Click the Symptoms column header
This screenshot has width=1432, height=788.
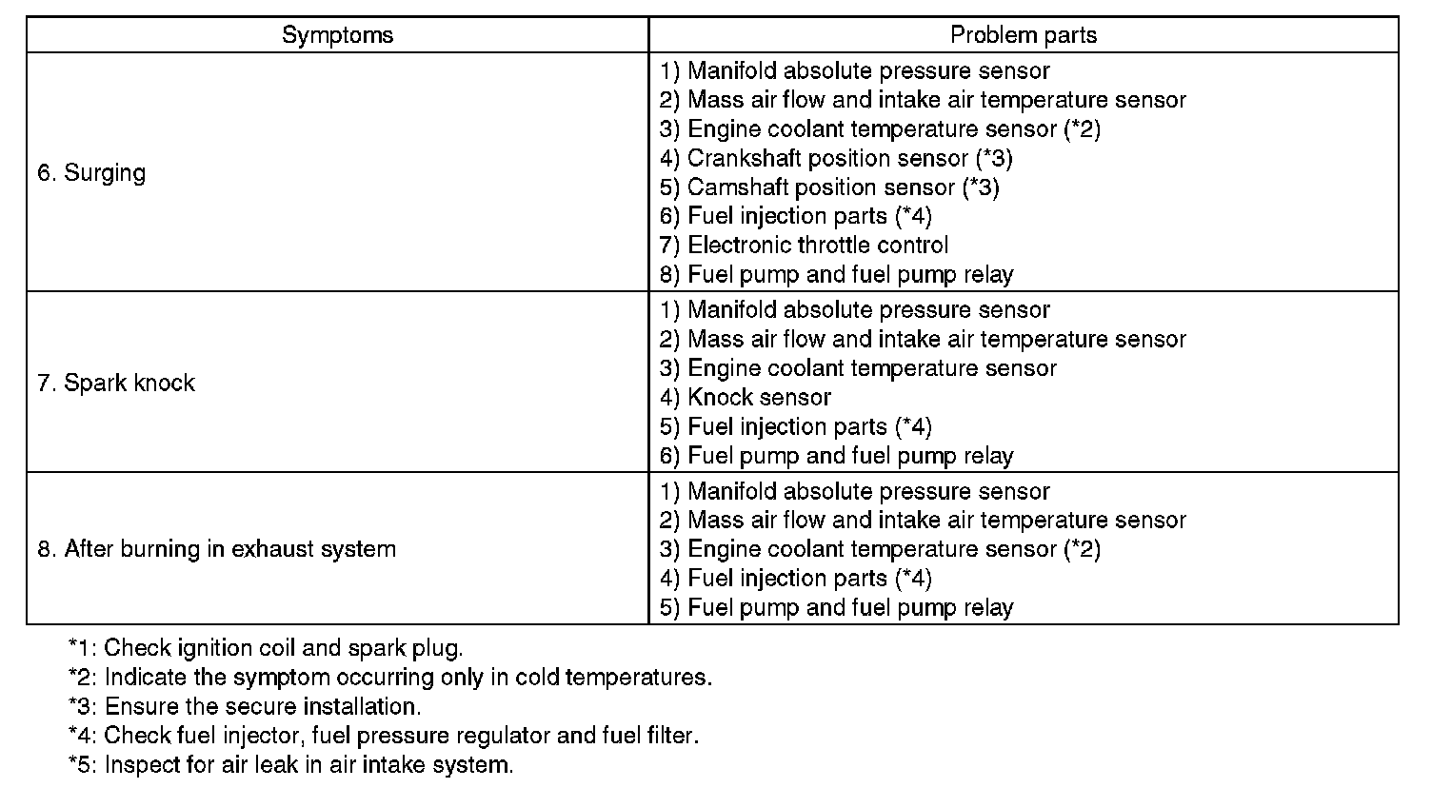[337, 36]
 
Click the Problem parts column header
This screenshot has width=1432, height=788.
[1024, 36]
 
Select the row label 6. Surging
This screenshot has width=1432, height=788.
[91, 173]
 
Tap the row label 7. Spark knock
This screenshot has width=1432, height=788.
[116, 383]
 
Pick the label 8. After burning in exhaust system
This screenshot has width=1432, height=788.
[216, 549]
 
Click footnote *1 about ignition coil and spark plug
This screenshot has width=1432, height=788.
[266, 649]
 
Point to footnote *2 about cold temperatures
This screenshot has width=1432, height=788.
[390, 678]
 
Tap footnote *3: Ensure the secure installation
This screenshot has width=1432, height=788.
[245, 707]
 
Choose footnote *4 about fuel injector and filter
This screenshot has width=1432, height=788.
[384, 736]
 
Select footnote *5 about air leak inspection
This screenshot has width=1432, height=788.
[290, 765]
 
